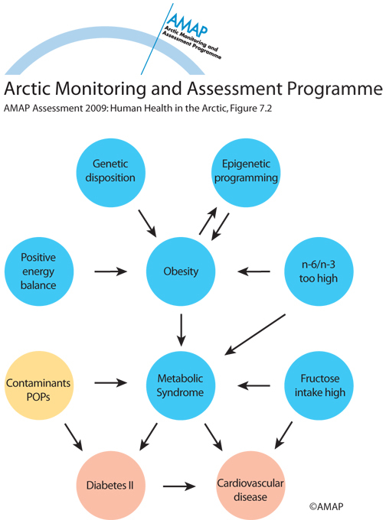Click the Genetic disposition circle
pos(110,173)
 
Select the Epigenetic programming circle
pos(246,173)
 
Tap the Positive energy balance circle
pos(38,271)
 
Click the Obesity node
pos(181,271)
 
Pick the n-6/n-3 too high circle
pos(319,271)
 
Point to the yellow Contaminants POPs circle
pos(38,385)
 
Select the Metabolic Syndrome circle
pos(181,385)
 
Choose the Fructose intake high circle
pos(319,385)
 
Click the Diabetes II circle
pos(110,486)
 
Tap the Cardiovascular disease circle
pos(250,486)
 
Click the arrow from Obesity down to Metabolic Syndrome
pos(181,330)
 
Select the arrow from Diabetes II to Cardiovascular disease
pos(179,486)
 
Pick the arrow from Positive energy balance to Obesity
pos(110,271)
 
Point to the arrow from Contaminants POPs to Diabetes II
pos(74,437)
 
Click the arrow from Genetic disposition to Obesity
pos(148,223)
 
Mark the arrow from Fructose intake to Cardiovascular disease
pos(283,435)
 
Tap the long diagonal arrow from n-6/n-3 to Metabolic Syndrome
pos(255,335)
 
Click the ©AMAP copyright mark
pos(326,506)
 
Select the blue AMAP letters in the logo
pos(188,24)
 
